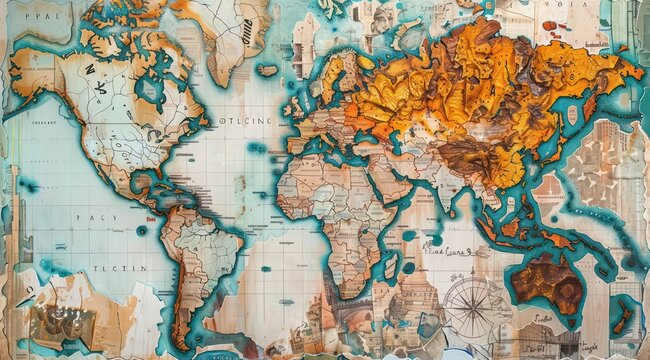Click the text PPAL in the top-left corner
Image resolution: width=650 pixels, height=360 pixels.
tap(30, 18)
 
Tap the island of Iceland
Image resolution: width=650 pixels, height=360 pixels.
tap(267, 70)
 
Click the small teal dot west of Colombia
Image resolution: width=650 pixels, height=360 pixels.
tap(141, 229)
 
